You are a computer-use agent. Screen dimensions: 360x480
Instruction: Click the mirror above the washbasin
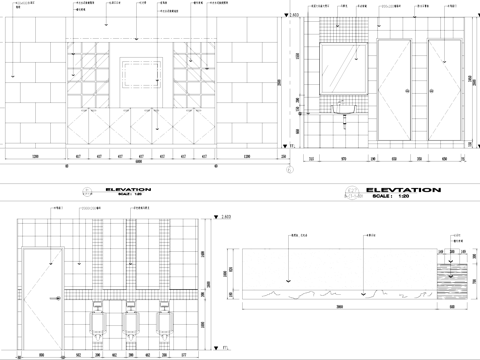pos(345,69)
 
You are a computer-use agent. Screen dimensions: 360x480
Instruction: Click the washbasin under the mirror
pos(345,105)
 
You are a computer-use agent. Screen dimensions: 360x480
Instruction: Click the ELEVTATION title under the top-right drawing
pos(403,189)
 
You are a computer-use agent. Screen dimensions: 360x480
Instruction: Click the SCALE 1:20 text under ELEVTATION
pos(402,196)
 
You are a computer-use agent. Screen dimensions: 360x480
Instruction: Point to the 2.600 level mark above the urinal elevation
pos(225,217)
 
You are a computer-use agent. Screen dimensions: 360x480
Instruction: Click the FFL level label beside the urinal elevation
pos(225,347)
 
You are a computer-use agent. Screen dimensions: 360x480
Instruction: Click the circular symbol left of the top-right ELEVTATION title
pos(351,192)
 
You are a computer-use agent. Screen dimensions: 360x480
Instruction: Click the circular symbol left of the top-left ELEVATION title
pos(86,191)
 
